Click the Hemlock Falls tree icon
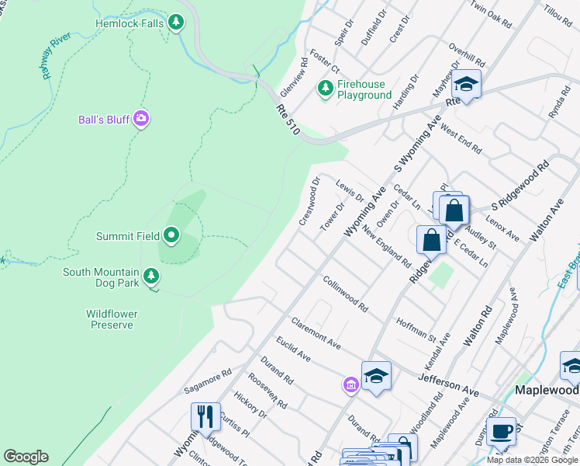point(178,23)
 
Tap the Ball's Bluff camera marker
point(140,119)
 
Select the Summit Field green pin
point(171,235)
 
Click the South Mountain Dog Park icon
point(151,275)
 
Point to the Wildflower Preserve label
point(112,319)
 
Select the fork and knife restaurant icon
point(205,416)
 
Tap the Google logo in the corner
point(26,457)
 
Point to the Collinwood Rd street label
point(345,294)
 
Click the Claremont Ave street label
point(316,332)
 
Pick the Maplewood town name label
point(547,389)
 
